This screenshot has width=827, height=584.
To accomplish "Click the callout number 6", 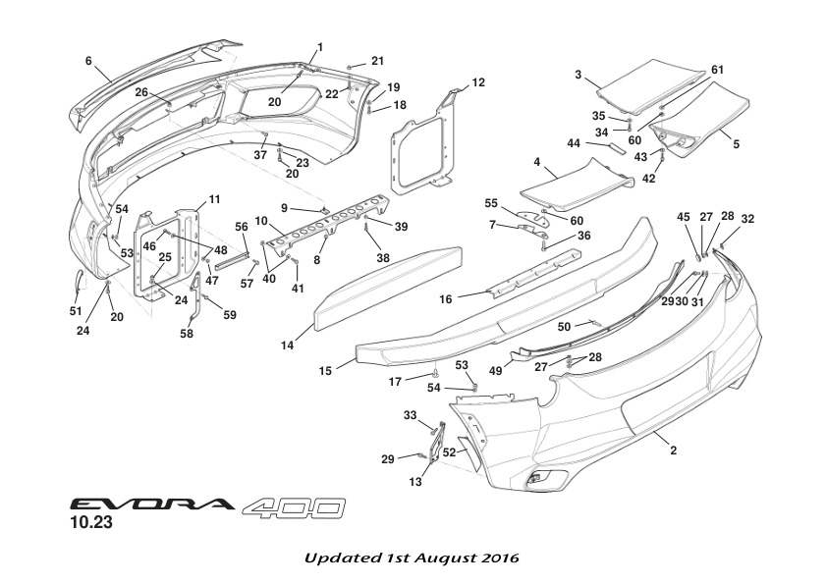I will point(88,61).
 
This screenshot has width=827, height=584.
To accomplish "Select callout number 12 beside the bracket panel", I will point(478,82).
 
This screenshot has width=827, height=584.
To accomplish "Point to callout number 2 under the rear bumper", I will point(674,451).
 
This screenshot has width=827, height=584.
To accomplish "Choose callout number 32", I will point(748,219).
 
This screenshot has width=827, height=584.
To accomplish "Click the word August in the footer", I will point(446,557).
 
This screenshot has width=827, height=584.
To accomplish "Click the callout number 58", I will point(187,333).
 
